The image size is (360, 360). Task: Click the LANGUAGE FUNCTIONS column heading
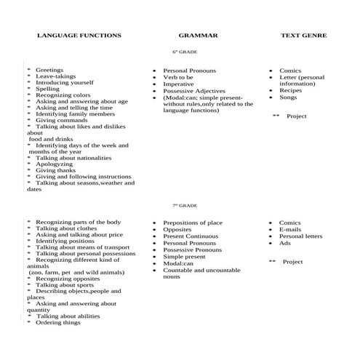coord(79,35)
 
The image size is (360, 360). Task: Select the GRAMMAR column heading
coord(194,35)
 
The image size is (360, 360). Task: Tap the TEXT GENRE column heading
coord(303,35)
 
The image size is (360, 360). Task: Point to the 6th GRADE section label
coord(185,52)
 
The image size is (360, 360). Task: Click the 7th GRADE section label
coord(185,206)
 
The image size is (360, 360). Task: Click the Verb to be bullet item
coord(178,77)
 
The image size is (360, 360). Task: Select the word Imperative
coord(178,84)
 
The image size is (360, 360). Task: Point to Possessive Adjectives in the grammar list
coord(194,90)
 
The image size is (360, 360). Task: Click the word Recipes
coord(290,90)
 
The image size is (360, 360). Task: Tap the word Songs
coord(288,97)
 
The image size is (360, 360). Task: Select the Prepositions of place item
coord(193,223)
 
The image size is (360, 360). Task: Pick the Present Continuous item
coord(191,236)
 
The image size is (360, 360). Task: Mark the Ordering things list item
coord(58,322)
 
